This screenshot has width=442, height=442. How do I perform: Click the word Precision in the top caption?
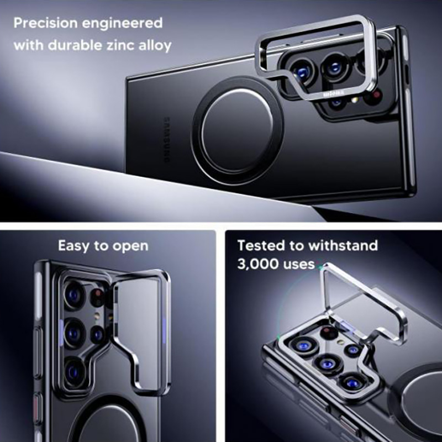[x=45, y=23]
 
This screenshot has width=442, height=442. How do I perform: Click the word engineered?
[x=122, y=24]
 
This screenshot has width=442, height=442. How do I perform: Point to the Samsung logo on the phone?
[x=167, y=140]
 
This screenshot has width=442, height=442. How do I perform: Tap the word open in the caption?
[x=130, y=247]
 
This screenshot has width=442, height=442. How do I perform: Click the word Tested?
[x=261, y=245]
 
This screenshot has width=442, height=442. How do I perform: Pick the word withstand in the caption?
[x=343, y=245]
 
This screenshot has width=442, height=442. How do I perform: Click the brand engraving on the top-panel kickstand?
[x=334, y=93]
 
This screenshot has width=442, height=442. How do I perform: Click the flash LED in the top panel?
[x=355, y=99]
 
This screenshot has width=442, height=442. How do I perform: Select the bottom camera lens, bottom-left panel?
[x=74, y=371]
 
